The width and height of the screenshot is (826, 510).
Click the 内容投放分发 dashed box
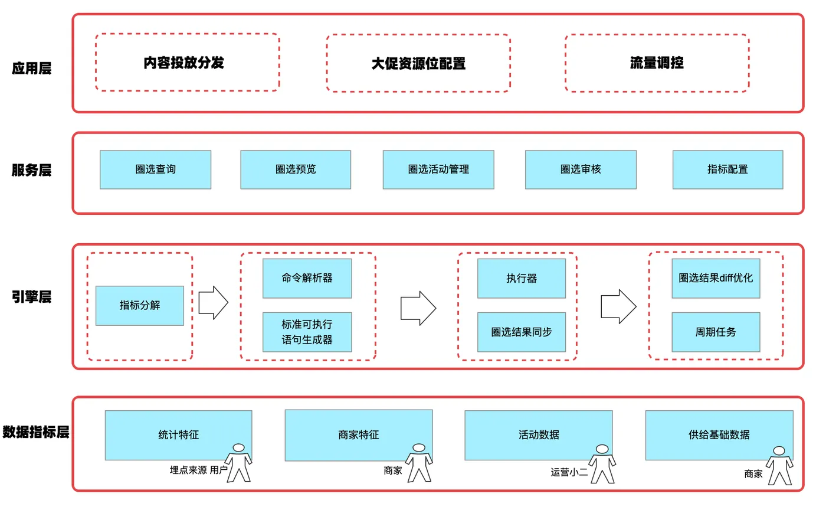click(x=187, y=62)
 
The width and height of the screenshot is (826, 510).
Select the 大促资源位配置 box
click(x=418, y=63)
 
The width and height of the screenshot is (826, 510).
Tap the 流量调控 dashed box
click(x=657, y=63)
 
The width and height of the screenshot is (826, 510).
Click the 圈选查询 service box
click(x=155, y=169)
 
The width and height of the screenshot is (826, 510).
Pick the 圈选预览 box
click(x=296, y=169)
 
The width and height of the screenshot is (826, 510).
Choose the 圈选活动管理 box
click(x=438, y=169)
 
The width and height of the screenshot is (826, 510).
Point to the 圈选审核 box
click(x=581, y=169)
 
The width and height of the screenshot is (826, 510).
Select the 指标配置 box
click(x=727, y=169)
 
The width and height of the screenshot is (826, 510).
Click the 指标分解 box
click(x=140, y=305)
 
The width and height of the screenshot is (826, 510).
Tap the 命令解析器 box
click(x=307, y=278)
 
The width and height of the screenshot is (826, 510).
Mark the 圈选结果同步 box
click(x=522, y=332)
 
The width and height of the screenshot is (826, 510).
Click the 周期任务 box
click(x=716, y=332)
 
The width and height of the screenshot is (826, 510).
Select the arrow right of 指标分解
click(x=213, y=303)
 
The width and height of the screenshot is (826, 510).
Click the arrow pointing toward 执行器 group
click(x=418, y=308)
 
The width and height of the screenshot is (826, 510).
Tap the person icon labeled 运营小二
click(x=602, y=463)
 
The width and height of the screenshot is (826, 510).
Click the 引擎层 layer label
click(x=32, y=297)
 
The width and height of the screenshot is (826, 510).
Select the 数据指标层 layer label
click(x=36, y=432)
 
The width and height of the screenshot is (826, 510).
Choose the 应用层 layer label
click(x=32, y=68)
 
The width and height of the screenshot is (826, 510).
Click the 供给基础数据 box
click(x=719, y=435)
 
